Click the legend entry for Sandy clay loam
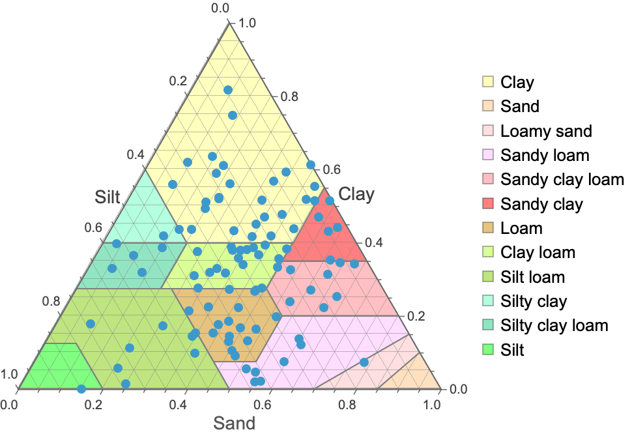[x=562, y=179]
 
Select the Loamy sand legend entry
[x=546, y=131]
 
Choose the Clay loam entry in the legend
[x=538, y=252]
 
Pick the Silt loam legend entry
[x=532, y=277]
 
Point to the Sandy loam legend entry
[x=545, y=155]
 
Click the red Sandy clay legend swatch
[x=487, y=204]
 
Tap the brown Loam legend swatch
[x=487, y=228]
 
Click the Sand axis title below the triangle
[x=234, y=422]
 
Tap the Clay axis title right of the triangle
[x=358, y=194]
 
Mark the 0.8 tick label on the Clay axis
[x=289, y=96]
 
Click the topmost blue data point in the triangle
[x=228, y=90]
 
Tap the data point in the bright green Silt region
[x=81, y=389]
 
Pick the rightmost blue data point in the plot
[x=364, y=362]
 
